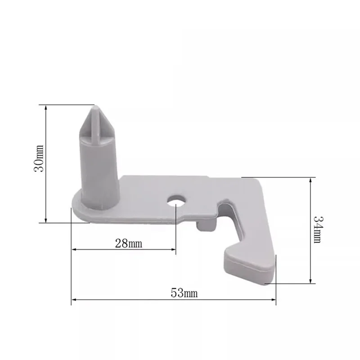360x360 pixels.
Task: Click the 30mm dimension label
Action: [39, 158]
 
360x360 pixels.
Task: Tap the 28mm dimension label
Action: [129, 243]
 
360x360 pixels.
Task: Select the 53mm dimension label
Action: [184, 293]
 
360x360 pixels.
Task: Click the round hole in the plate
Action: [176, 201]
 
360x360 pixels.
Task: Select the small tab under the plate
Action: [206, 226]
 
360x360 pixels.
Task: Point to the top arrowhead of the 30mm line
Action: [46, 108]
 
